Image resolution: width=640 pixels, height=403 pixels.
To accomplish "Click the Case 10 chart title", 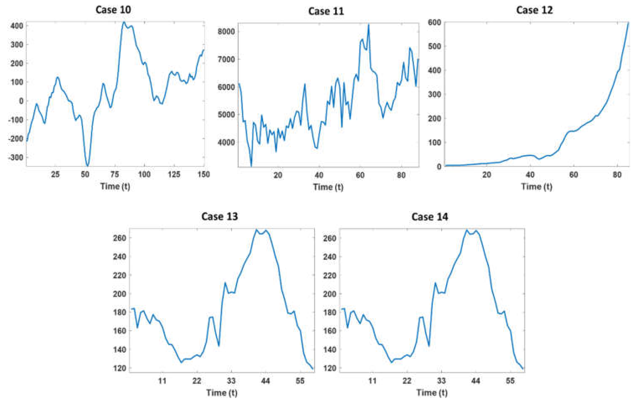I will coord(113,10).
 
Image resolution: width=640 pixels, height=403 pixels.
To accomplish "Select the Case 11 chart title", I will coord(326,11).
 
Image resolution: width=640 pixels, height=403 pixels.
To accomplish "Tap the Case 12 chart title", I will coord(534,10).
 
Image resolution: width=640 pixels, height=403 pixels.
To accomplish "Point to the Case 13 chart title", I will coord(220,216).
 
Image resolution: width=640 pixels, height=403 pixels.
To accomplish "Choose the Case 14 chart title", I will coord(430,217).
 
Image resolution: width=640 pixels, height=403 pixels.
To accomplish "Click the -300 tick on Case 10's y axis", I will coord(16,157).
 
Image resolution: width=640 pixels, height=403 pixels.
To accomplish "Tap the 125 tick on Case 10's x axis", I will coord(174,174).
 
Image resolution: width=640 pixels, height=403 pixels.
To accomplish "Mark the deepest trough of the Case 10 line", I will coord(87,166).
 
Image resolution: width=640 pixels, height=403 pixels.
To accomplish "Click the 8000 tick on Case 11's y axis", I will coord(226,32).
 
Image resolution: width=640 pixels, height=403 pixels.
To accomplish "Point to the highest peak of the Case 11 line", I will coord(369,25).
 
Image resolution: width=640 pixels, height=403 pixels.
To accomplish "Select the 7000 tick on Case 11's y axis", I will coord(226,59).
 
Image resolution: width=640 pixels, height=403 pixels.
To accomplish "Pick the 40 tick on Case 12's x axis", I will coord(530,175).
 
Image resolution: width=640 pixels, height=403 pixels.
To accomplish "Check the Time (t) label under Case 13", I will coord(222,393).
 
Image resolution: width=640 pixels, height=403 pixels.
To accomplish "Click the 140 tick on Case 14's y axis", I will coord(330,350).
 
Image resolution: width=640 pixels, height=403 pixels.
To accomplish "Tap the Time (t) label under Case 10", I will coord(115,186).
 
